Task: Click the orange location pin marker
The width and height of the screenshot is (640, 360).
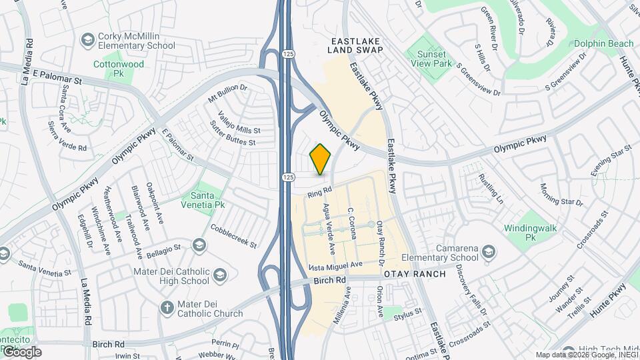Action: pos(321,159)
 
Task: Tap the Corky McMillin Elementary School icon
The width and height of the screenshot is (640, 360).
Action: pos(87,40)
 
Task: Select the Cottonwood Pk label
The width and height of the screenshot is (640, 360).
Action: pos(119,69)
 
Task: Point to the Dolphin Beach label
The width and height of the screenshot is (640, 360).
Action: pos(604,44)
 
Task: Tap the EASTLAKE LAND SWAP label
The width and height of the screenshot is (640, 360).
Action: pos(357,45)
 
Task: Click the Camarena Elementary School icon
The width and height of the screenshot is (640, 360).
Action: pos(489,251)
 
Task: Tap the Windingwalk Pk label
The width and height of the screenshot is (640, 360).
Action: pos(530,233)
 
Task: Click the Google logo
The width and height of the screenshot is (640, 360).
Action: pos(21,351)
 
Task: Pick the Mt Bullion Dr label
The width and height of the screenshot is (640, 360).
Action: pos(227,97)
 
